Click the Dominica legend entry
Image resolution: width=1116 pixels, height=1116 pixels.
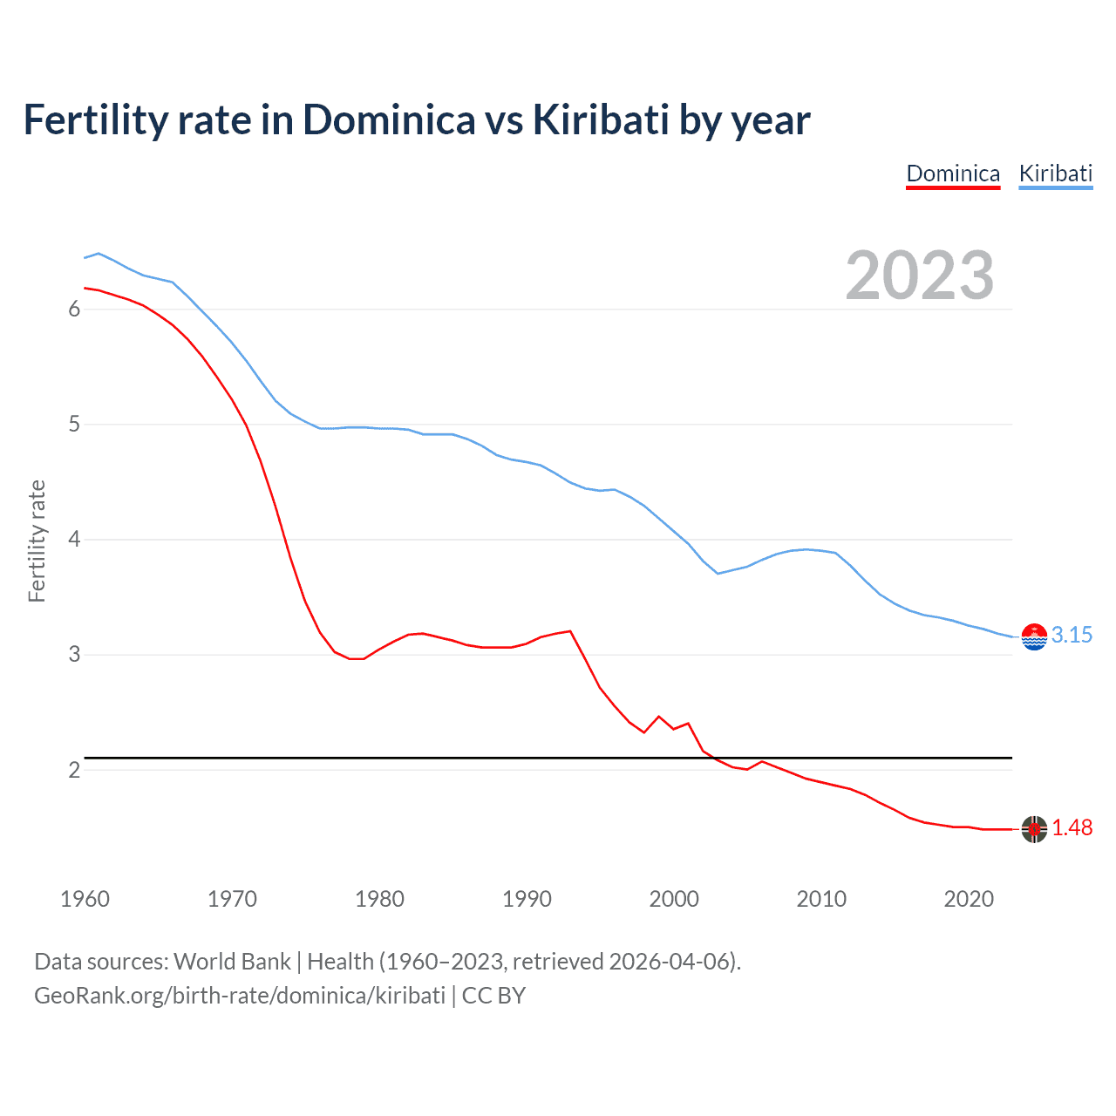coord(953,174)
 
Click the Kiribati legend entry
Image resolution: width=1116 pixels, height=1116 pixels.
coord(1055,174)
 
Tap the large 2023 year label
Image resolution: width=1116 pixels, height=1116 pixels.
coord(919,276)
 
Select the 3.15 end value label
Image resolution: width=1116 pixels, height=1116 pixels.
coord(1072,636)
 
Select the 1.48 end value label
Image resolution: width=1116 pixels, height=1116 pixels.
coord(1072,828)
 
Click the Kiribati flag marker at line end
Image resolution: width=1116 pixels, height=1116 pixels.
coord(1034,637)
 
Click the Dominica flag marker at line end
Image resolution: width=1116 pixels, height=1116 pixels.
coord(1034,829)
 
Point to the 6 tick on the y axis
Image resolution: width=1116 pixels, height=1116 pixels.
coord(74,310)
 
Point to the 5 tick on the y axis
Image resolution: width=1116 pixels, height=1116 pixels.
coord(74,425)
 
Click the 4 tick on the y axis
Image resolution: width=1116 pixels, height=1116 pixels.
coord(74,540)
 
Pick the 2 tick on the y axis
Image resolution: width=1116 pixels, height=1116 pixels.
coord(74,770)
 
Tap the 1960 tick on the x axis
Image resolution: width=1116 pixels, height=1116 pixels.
coord(85,899)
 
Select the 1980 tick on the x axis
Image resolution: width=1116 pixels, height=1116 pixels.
coord(379,899)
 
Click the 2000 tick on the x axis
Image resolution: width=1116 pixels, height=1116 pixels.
coord(674,899)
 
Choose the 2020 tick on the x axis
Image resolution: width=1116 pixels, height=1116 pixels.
coord(969,899)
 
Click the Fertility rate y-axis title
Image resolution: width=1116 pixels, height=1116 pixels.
coord(37,541)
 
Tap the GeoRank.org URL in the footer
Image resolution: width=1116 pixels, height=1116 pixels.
coord(240,996)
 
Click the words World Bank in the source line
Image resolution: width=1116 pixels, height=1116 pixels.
coord(232,962)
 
